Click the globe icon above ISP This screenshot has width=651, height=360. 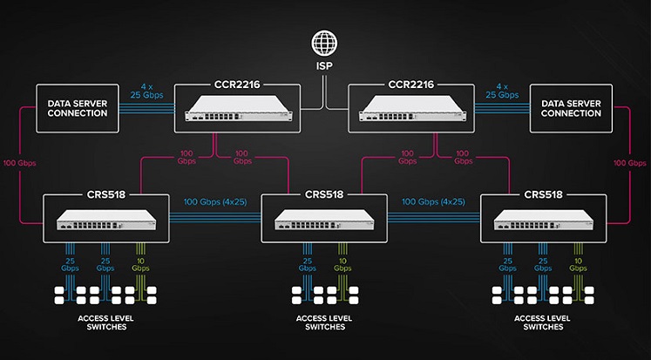325,44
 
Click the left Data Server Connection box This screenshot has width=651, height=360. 77,109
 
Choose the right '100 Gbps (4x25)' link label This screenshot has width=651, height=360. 433,202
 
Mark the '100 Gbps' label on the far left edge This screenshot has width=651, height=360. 20,163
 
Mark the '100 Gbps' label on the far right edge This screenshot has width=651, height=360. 631,163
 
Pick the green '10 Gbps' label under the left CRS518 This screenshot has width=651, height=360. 140,265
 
